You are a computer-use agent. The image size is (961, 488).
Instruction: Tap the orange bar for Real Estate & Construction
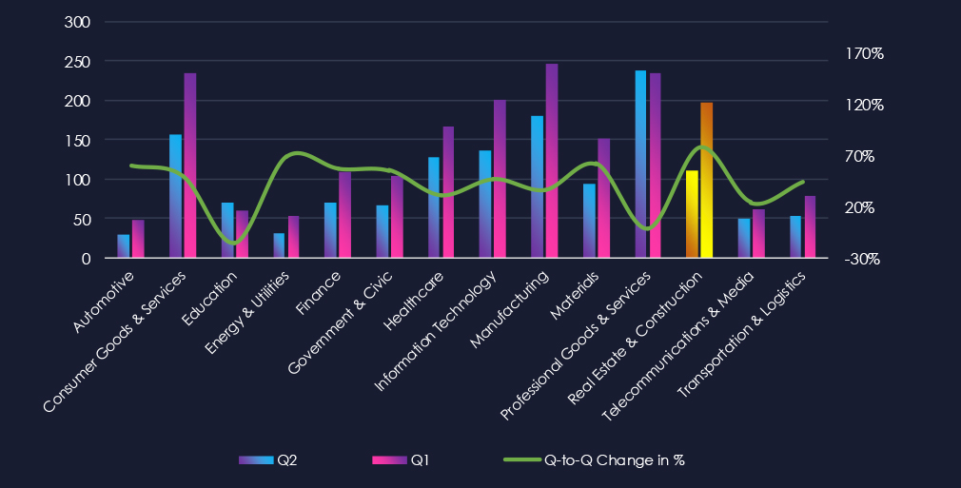coord(706,180)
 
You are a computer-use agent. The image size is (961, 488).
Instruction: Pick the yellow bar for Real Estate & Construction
coord(692,214)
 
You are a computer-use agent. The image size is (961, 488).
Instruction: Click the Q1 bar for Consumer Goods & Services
coord(190,166)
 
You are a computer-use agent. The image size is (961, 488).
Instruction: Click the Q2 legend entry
coord(268,460)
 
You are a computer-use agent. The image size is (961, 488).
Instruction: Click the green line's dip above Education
coord(231,243)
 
